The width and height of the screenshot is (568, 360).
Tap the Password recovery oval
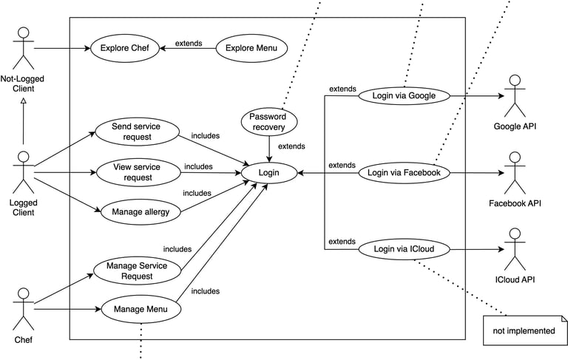point(268,122)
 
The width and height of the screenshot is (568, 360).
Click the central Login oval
point(268,173)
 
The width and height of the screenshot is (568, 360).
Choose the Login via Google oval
point(403,95)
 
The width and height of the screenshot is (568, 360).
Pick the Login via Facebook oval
point(403,173)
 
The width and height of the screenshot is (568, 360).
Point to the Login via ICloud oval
point(403,249)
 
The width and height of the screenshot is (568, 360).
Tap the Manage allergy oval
point(140,212)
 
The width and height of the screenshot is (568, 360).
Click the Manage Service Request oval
point(137,271)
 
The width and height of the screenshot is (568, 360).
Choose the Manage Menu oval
point(140,309)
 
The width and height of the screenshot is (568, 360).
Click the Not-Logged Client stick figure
point(24,49)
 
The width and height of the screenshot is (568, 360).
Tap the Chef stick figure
point(24,309)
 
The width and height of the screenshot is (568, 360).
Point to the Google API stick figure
point(514,95)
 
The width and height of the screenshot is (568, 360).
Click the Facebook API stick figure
point(514,173)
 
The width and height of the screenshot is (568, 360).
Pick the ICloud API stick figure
point(514,249)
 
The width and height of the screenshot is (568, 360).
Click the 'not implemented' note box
point(524,330)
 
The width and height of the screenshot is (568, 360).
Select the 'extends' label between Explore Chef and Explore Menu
point(188,44)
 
